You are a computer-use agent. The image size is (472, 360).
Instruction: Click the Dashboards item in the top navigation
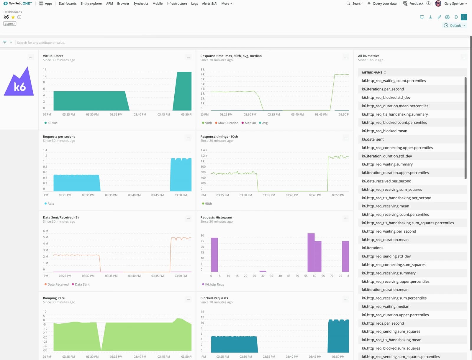tap(68, 4)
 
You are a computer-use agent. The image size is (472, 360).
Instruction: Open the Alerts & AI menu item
tap(209, 4)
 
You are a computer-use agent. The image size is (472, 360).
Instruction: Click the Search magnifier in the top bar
tap(348, 4)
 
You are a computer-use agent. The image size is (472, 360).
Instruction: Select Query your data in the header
tap(381, 4)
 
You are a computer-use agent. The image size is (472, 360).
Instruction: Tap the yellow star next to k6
tap(13, 17)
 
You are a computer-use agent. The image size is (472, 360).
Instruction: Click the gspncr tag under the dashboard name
tap(10, 24)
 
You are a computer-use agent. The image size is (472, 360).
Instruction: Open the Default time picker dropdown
tap(455, 26)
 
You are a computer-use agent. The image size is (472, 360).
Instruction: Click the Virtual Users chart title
tap(53, 56)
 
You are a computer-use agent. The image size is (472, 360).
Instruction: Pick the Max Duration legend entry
tap(228, 123)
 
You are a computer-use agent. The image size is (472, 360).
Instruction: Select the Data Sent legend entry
tap(82, 285)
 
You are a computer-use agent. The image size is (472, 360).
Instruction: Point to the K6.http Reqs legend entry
tap(214, 285)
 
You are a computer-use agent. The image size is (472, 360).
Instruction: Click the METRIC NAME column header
tap(372, 73)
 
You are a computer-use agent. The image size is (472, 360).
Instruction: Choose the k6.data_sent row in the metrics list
tap(373, 139)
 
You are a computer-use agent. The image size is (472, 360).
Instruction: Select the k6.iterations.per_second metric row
tap(383, 89)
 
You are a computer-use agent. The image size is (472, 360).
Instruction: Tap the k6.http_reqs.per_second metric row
tap(383, 323)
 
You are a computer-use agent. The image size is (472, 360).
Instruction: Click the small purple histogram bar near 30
tap(263, 271)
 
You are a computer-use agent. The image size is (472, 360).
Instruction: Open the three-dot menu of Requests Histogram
tap(346, 219)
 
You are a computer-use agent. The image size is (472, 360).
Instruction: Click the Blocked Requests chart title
tap(214, 298)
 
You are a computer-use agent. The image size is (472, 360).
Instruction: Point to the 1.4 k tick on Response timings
tap(204, 150)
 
